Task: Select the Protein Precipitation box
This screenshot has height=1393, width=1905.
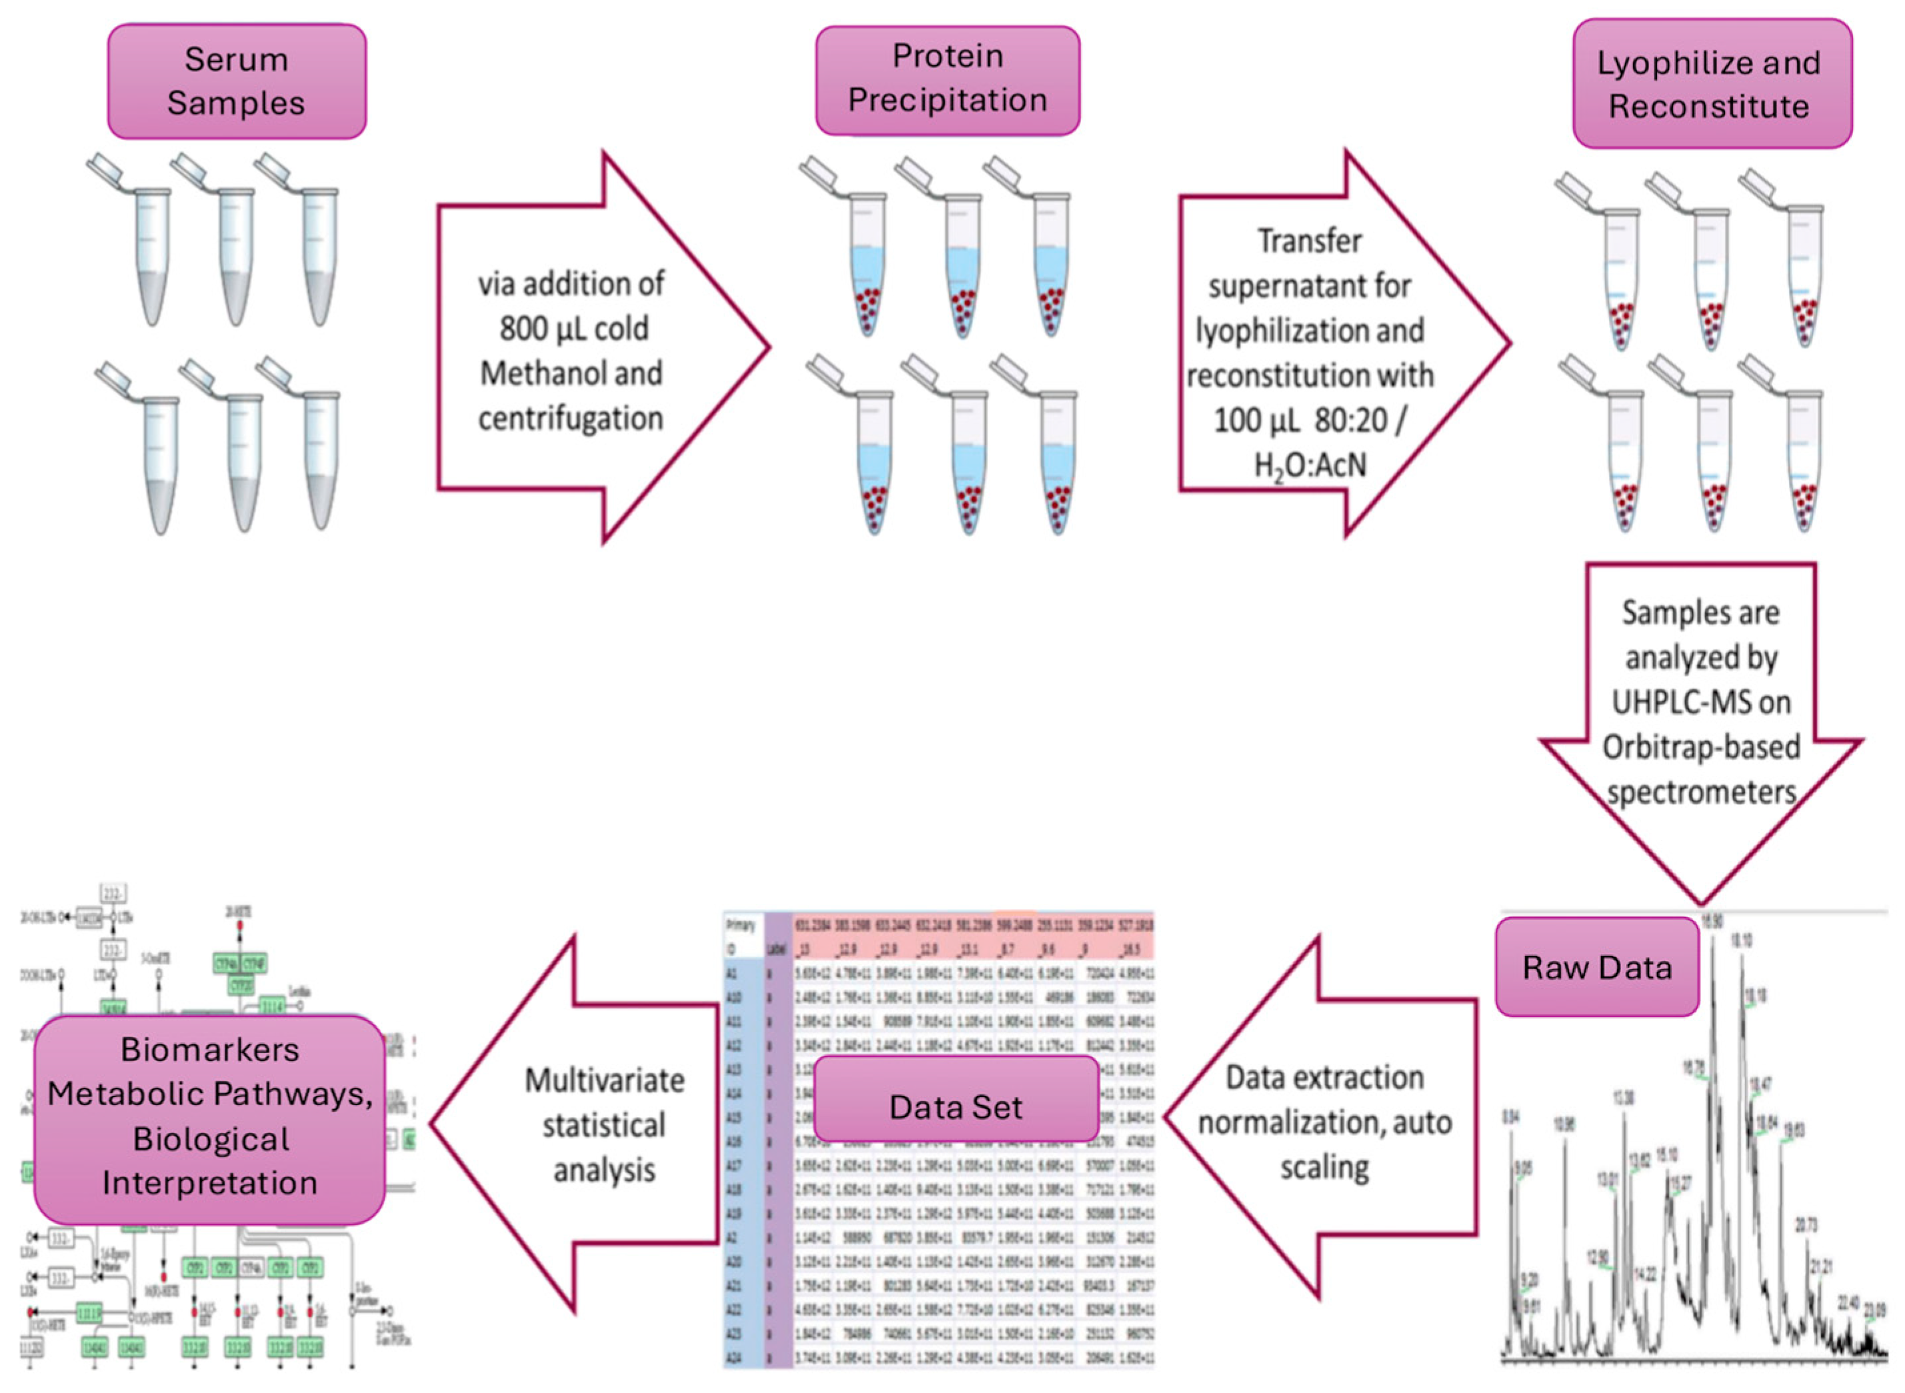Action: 947,79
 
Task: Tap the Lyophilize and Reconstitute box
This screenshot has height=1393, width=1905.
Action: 1711,85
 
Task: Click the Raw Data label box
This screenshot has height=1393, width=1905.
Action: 1596,967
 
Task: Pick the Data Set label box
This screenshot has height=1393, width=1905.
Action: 955,1107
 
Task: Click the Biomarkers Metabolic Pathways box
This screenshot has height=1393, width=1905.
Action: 209,1117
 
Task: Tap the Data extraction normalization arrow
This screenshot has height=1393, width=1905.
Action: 1324,1122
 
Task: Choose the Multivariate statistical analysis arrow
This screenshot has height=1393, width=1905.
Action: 591,1126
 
